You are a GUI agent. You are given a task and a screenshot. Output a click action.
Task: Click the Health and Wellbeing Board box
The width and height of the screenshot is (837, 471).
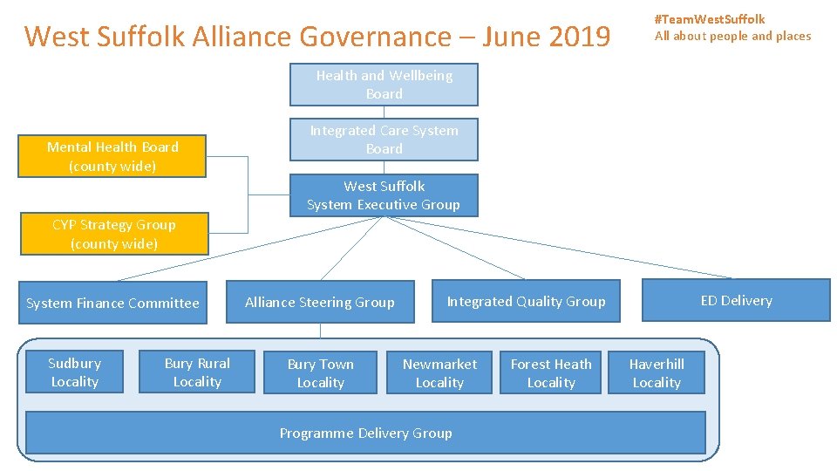coord(384,85)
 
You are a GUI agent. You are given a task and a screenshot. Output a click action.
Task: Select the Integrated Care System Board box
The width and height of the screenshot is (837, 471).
coord(384,140)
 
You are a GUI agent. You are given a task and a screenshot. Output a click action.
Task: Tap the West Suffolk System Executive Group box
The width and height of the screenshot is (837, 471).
coord(384,195)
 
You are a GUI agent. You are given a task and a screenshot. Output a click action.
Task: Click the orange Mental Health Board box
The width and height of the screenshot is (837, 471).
coord(112,156)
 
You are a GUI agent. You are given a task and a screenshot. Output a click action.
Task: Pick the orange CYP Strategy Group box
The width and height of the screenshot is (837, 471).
coord(113,234)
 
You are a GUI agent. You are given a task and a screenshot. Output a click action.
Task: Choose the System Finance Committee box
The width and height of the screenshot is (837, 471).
coord(112,304)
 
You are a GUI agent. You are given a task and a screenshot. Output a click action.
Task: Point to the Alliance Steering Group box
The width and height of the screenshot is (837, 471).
coord(319,303)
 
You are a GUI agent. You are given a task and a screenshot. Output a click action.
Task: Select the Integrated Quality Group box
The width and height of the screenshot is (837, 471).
coord(526,302)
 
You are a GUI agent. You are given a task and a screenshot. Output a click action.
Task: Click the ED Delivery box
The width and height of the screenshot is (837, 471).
coord(736,300)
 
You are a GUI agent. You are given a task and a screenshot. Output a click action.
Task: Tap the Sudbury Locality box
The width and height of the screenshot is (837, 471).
coord(74,372)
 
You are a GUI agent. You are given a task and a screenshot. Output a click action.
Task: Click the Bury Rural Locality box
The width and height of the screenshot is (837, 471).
coord(197,372)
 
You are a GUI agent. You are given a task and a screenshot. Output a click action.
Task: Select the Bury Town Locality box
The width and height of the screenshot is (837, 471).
coord(320,373)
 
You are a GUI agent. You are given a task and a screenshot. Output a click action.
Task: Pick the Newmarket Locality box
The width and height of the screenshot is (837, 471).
coord(439,373)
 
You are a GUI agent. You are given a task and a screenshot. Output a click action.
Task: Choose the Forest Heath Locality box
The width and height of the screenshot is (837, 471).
coord(551,373)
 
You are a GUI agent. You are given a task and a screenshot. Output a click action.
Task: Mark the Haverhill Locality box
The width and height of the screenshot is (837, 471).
coord(657,373)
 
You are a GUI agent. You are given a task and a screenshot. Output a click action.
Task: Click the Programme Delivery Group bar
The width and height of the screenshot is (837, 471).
coord(365,433)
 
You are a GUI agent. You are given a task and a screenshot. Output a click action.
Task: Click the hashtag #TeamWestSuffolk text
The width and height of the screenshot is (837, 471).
coord(710,19)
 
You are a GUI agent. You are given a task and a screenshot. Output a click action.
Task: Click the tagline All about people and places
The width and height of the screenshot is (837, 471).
coord(732,36)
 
